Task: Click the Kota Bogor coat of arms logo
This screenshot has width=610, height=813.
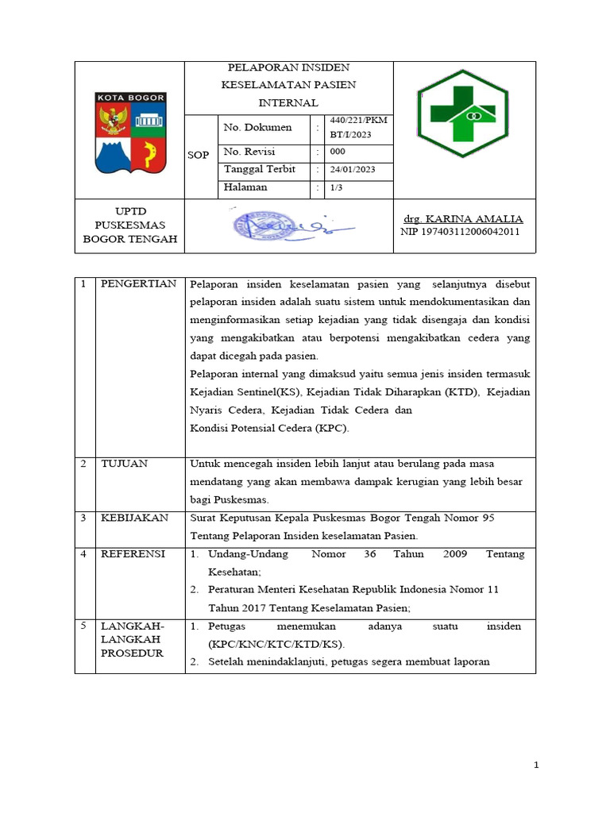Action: coord(130,132)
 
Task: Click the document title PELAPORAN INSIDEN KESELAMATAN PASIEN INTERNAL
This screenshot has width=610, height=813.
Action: coord(288,85)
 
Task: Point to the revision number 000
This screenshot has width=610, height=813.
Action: coord(338,152)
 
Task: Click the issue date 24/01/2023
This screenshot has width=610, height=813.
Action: coord(353,170)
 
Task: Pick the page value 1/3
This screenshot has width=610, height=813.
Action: coord(337,188)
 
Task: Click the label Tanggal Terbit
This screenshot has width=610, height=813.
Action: coord(259,169)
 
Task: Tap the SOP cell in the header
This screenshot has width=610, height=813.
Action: coord(199,155)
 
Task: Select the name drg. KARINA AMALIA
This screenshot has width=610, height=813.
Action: coord(464,218)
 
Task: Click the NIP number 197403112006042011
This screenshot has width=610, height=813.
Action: coord(461,232)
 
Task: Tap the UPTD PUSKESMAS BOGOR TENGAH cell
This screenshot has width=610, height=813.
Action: coord(130,225)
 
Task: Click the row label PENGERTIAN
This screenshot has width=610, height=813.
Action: coord(137,284)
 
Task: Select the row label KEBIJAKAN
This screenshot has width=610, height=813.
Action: coord(134,518)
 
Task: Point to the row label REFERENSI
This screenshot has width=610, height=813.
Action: coord(132,554)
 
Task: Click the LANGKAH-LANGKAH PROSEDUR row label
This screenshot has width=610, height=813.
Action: coord(131,639)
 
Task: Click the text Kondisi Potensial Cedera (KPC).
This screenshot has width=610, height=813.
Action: coord(269,428)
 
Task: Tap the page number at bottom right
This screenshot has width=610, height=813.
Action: coord(536,765)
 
